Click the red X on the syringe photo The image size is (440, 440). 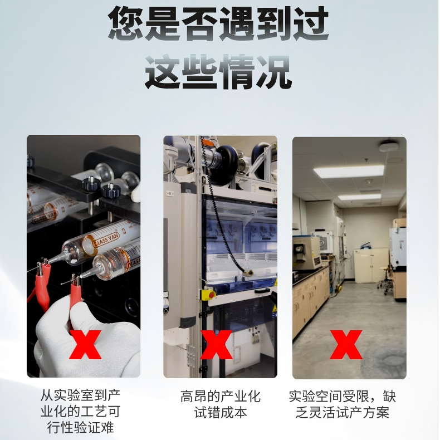[x=85, y=345]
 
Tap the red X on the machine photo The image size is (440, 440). [x=216, y=345]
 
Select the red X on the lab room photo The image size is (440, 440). [x=346, y=345]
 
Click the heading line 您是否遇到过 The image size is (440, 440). [x=218, y=23]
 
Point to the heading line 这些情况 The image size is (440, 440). [x=218, y=72]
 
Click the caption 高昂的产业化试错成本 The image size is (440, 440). [x=221, y=404]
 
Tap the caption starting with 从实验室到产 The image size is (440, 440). [x=81, y=412]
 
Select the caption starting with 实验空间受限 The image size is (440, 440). [x=343, y=404]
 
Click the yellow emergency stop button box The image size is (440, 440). [x=209, y=295]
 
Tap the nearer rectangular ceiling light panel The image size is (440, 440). [x=349, y=171]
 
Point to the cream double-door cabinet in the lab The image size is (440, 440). [x=371, y=265]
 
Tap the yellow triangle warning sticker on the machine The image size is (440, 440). [x=274, y=309]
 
